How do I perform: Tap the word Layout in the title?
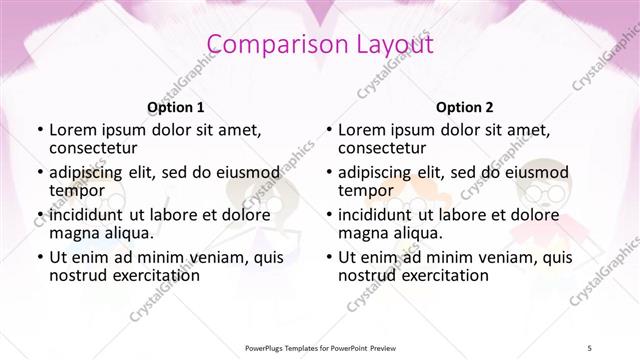click(391, 44)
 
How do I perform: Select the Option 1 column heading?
click(176, 107)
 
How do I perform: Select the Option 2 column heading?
click(464, 107)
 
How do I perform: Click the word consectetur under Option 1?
click(92, 148)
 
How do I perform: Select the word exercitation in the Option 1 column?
click(144, 275)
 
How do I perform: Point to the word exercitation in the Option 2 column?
click(432, 275)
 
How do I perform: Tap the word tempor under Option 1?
click(77, 190)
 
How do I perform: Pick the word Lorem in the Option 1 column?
click(72, 129)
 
